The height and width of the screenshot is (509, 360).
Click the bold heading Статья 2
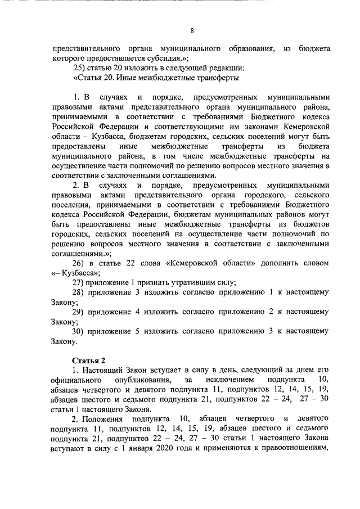tap(88, 360)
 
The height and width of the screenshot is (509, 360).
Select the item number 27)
tap(79, 282)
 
